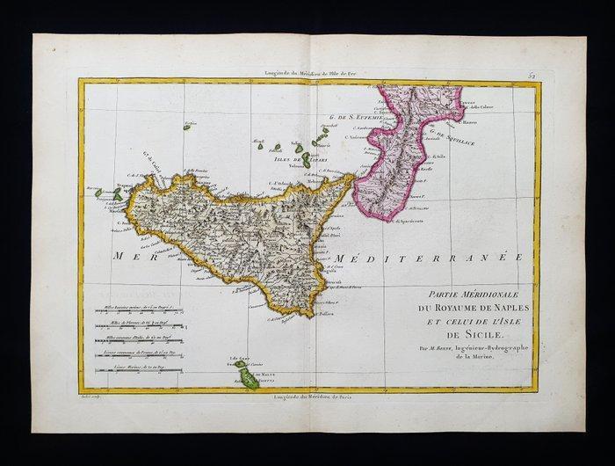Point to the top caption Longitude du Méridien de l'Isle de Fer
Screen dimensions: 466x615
(x=304, y=75)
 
